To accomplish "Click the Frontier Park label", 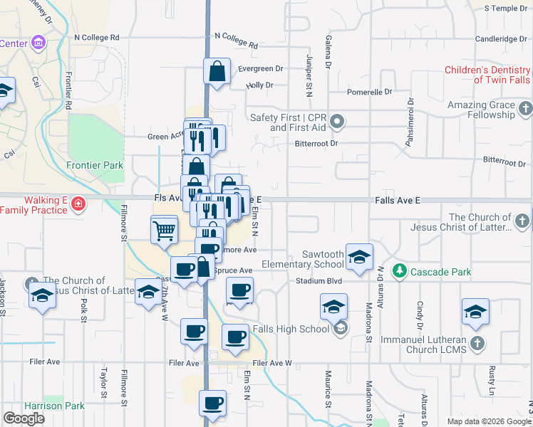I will (95, 165).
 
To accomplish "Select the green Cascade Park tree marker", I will (400, 271).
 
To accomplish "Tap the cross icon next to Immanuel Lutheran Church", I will (477, 344).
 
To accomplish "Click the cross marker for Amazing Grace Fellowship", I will (526, 109).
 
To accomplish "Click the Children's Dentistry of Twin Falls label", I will (487, 75).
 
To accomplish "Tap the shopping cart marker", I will (164, 231).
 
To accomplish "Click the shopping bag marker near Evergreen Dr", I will (217, 71).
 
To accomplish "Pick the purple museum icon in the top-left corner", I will (38, 43).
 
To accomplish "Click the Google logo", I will (24, 418).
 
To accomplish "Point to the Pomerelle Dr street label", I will (369, 92).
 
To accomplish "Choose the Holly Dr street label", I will (259, 85).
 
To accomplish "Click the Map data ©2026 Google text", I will (488, 421).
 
